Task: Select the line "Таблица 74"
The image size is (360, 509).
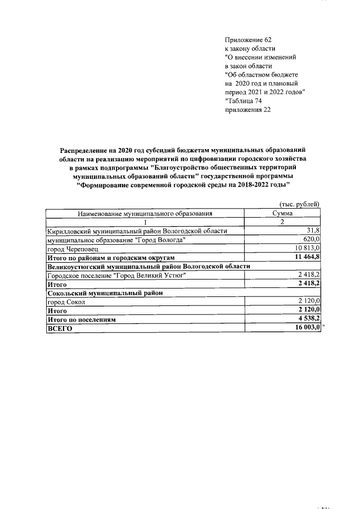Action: click(x=243, y=101)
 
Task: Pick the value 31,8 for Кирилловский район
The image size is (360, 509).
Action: click(x=313, y=231)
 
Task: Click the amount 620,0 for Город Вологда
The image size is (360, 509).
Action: click(x=312, y=239)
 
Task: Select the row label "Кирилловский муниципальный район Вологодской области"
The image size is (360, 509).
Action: click(x=138, y=231)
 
